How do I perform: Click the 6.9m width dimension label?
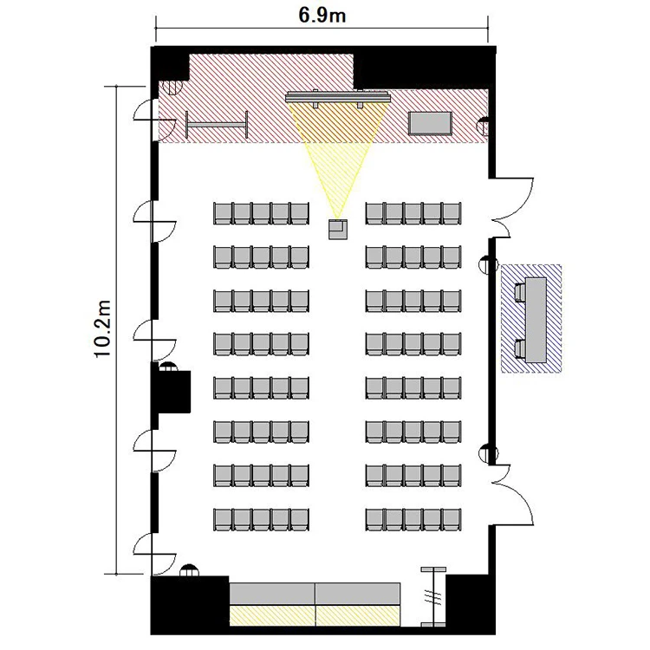(x=322, y=16)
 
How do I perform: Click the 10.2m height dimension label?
(x=102, y=328)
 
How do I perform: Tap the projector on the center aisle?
(x=338, y=230)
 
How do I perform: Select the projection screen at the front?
(x=338, y=98)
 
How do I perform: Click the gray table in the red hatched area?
(x=430, y=123)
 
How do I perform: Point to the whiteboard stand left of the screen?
(x=217, y=124)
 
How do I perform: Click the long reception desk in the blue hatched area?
(x=536, y=319)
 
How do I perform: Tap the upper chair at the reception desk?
(x=518, y=292)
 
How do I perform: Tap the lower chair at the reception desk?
(x=518, y=348)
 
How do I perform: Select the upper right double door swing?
(x=512, y=208)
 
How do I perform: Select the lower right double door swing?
(x=512, y=496)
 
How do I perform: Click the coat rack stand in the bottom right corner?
(x=433, y=598)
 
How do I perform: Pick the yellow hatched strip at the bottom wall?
(x=315, y=615)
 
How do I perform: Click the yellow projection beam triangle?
(x=338, y=158)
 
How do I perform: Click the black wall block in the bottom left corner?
(x=190, y=605)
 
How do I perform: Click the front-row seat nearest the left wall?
(x=223, y=213)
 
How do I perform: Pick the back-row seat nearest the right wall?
(x=452, y=520)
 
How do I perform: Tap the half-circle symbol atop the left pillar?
(x=168, y=367)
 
